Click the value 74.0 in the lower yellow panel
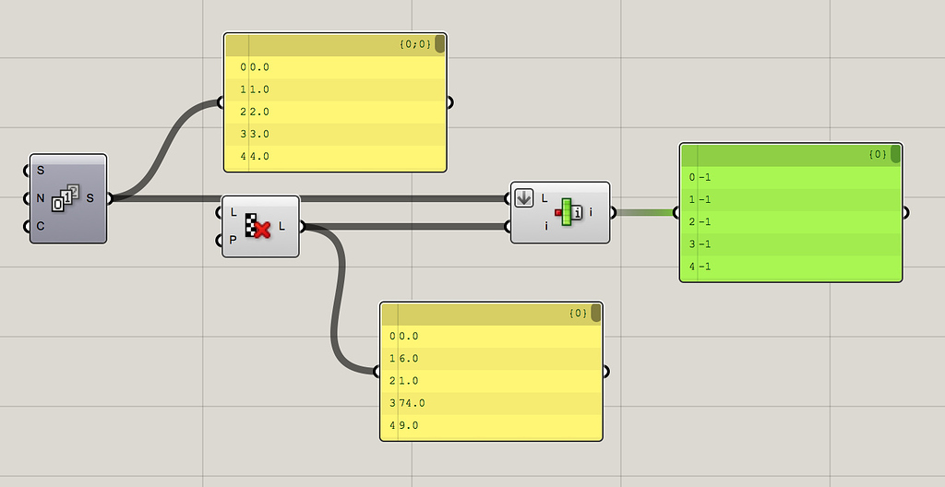(411, 403)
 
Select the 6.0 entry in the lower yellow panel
(407, 358)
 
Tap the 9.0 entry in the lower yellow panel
(407, 425)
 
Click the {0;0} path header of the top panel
(415, 44)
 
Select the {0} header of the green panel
(878, 154)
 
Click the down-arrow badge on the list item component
(524, 197)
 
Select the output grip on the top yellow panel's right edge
(449, 102)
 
